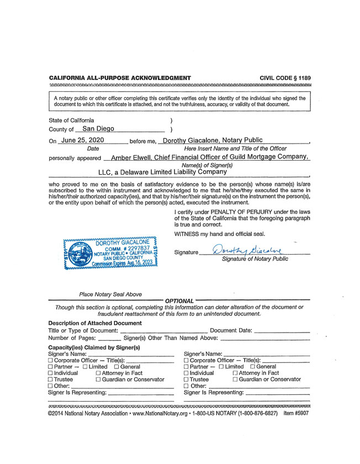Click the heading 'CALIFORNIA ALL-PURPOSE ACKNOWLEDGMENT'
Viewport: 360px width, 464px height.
coord(120,78)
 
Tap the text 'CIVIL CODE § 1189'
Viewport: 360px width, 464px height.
coord(285,78)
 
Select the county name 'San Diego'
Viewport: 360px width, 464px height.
coord(98,129)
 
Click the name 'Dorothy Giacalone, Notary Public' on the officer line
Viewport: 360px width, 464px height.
coord(213,140)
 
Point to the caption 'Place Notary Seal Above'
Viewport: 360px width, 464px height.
coord(110,294)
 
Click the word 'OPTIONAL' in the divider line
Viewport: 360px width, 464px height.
coord(179,301)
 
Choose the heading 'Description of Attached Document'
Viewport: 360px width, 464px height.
coord(95,323)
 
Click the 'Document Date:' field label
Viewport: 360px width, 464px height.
coord(231,330)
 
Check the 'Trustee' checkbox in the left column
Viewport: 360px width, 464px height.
coord(51,380)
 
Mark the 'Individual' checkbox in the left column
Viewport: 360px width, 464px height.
coord(51,373)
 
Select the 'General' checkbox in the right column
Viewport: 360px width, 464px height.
coord(253,367)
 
